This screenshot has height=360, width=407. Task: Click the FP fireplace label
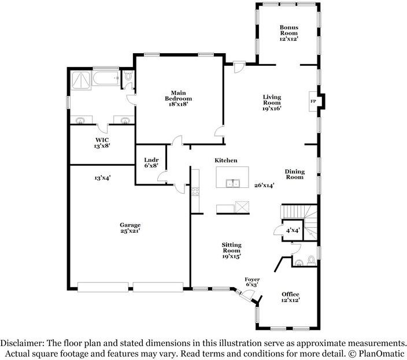313,101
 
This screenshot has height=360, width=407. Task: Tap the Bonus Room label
289,30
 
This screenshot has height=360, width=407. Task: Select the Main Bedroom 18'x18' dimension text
178,104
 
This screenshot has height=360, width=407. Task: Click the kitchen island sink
233,183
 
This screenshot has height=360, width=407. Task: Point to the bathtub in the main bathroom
106,78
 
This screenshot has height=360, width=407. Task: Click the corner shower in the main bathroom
81,80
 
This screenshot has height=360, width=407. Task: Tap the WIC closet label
102,140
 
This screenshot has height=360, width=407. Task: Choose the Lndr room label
151,160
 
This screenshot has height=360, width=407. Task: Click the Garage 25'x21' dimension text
130,231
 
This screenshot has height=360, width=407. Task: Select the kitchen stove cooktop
195,192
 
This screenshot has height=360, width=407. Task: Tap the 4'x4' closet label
293,230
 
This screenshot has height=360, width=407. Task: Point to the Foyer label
252,279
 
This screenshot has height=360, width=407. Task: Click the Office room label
290,294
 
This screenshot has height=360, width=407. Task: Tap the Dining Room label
295,175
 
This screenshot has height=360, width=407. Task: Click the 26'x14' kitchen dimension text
264,185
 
